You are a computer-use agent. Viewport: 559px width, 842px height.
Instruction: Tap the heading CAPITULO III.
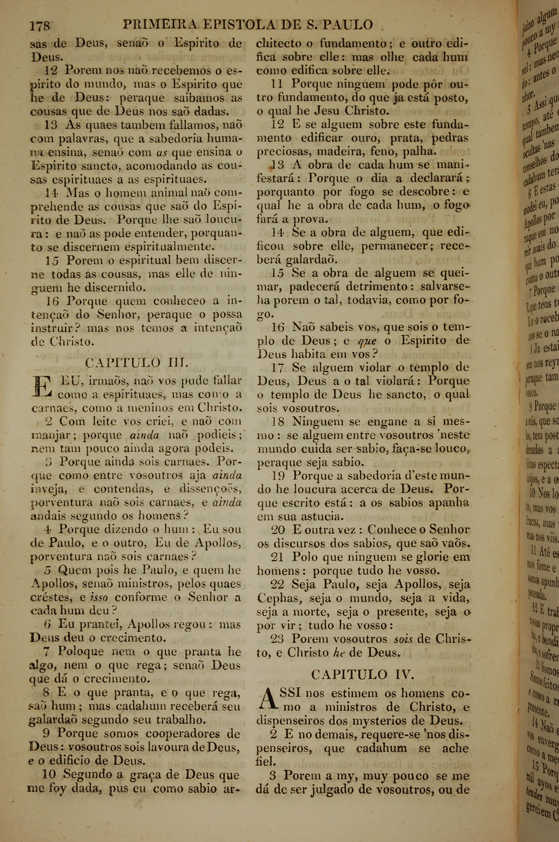tap(136, 363)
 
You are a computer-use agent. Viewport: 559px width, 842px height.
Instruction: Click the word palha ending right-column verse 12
tap(419, 152)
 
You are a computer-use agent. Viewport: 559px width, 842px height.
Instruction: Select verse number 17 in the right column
tap(277, 368)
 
